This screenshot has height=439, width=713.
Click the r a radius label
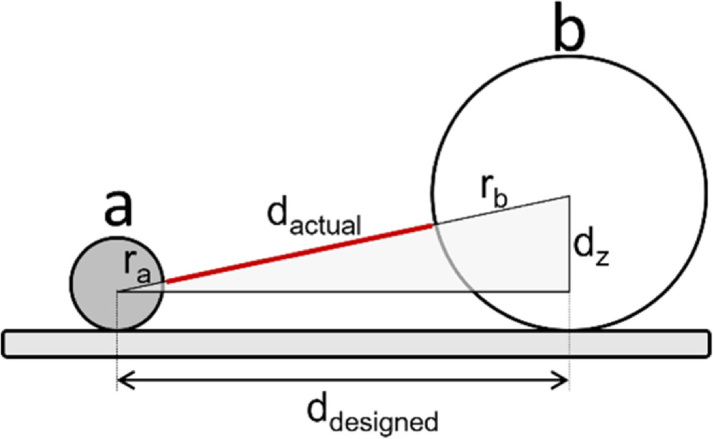(x=137, y=269)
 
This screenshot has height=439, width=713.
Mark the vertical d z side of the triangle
(x=570, y=243)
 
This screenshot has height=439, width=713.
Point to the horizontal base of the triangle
(x=344, y=291)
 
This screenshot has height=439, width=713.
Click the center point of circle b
(x=570, y=195)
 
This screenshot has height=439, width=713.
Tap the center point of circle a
(x=117, y=291)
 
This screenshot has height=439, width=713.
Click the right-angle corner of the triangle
(x=569, y=291)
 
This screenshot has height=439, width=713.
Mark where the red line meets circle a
(x=165, y=282)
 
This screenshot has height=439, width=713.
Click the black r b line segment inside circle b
(x=501, y=210)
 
